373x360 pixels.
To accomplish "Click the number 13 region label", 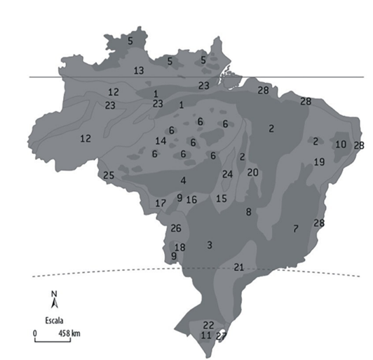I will click(x=139, y=70).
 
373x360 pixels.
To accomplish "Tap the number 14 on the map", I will click(x=161, y=141).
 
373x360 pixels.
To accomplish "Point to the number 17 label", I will click(x=161, y=204).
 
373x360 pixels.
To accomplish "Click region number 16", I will click(x=191, y=200).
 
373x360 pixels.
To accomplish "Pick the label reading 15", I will click(x=222, y=199).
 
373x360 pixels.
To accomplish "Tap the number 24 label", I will click(x=227, y=174).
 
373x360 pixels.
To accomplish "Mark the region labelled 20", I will click(x=253, y=172).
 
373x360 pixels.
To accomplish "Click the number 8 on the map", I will click(x=248, y=211).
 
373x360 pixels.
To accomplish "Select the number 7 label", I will click(x=296, y=228).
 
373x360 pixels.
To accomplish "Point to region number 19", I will click(x=319, y=162).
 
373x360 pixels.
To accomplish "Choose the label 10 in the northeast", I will click(x=341, y=144).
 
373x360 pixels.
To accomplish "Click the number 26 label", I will click(x=176, y=228).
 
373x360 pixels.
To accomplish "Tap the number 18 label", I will click(x=179, y=248).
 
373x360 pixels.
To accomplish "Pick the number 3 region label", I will click(x=209, y=244).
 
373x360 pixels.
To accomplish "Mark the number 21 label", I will click(x=238, y=267).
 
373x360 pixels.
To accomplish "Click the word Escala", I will click(x=54, y=317).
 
